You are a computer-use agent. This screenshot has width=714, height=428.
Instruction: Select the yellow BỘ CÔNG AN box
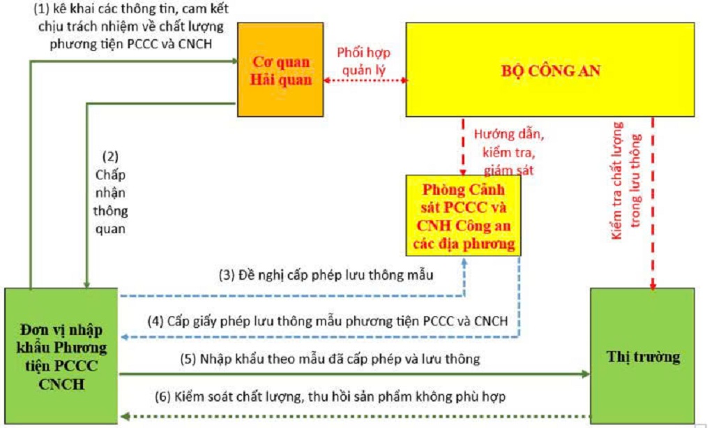550,69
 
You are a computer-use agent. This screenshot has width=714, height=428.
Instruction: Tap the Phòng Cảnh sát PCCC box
464,217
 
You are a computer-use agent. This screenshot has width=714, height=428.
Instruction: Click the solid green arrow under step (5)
349,374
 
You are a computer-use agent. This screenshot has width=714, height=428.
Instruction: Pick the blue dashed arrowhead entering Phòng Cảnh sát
465,260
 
